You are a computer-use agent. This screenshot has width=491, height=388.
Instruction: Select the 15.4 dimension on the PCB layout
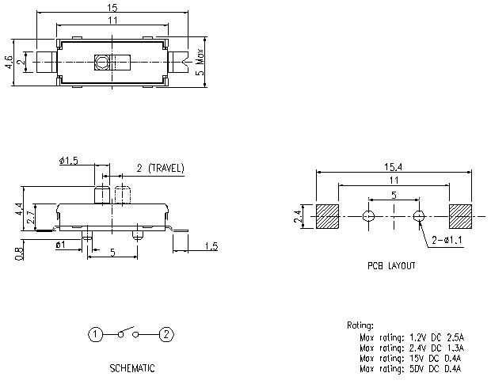tap(393, 165)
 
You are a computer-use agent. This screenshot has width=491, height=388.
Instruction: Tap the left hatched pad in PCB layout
tap(327, 215)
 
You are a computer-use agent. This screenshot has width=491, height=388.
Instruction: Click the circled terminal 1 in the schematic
tap(95, 334)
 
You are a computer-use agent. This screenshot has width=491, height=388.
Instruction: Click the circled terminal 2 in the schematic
tap(166, 334)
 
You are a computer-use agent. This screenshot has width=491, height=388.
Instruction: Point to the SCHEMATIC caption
tap(131, 368)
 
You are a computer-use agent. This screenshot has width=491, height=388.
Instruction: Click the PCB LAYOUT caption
tap(390, 266)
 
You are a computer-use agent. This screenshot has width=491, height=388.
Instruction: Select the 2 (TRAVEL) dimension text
tap(160, 168)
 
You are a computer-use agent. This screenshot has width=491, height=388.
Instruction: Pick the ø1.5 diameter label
tap(68, 161)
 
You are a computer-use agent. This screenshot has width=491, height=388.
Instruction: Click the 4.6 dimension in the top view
tap(9, 61)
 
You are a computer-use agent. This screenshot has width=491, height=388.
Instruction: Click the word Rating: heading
tap(361, 325)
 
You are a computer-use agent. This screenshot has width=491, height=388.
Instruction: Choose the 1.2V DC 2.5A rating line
tap(411, 337)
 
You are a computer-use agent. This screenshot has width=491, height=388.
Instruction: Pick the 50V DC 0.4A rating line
tap(411, 368)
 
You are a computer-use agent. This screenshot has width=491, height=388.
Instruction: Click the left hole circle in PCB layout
tap(367, 215)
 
